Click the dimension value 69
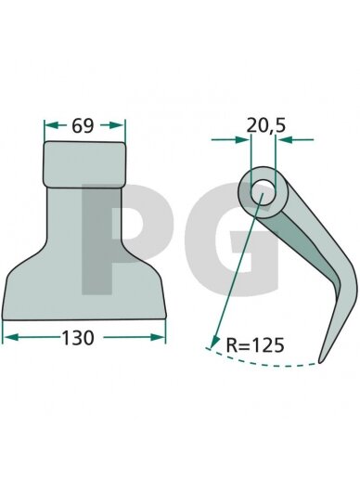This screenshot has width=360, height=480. tap(83, 126)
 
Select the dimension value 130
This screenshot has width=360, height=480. tap(78, 338)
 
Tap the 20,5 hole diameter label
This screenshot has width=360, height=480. tap(266, 126)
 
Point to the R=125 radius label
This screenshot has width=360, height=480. tap(255, 345)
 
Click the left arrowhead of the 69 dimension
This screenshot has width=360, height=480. tap(51, 125)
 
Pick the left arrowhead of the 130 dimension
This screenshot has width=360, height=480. tap(10, 337)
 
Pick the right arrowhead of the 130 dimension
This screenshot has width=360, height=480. tap(157, 337)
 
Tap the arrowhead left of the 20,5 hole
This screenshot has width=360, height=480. tap(242, 139)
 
